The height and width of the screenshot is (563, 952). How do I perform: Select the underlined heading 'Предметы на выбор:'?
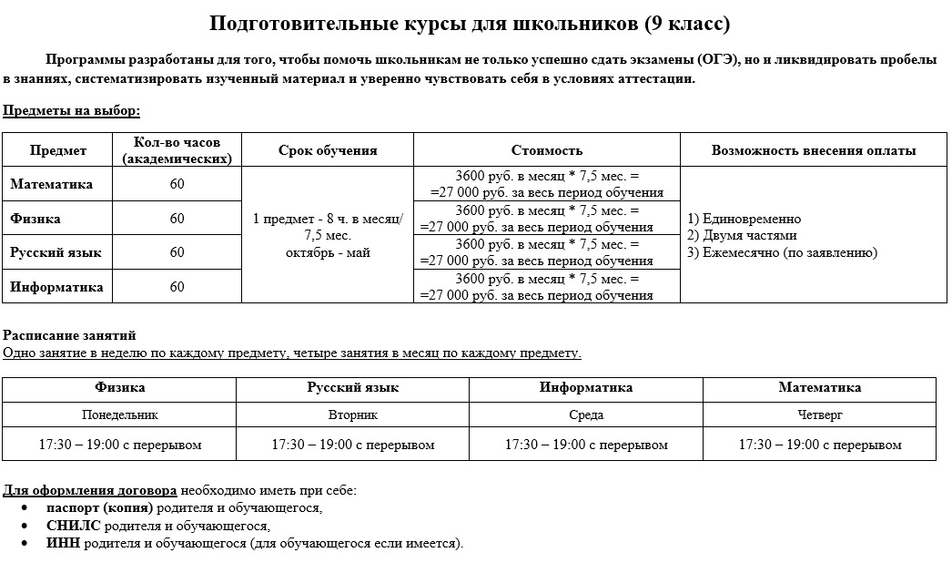(72, 111)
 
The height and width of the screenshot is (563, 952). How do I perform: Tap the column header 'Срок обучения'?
(328, 150)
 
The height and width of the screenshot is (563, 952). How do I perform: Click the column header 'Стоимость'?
(546, 150)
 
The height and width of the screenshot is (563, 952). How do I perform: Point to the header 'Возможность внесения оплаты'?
(813, 150)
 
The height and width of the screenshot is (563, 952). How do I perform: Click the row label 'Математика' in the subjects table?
(52, 184)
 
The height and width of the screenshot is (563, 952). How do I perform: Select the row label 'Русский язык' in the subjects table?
(56, 252)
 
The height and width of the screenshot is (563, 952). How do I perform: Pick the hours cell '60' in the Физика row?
(177, 219)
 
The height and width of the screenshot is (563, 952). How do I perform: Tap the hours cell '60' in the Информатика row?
(177, 287)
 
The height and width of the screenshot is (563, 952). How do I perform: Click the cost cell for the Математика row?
(547, 184)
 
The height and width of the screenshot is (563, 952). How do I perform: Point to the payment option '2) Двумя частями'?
(742, 236)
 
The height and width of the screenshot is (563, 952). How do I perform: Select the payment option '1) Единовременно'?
(744, 219)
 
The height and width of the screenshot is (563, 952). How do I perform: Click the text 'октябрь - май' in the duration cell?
(328, 252)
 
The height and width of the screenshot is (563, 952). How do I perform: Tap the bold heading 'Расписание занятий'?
(69, 335)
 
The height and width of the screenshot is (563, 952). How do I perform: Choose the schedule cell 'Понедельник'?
(119, 415)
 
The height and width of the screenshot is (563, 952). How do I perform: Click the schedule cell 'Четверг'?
(819, 415)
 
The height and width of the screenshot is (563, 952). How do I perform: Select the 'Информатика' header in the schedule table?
(585, 387)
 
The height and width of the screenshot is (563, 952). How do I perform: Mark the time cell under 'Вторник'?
(352, 445)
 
